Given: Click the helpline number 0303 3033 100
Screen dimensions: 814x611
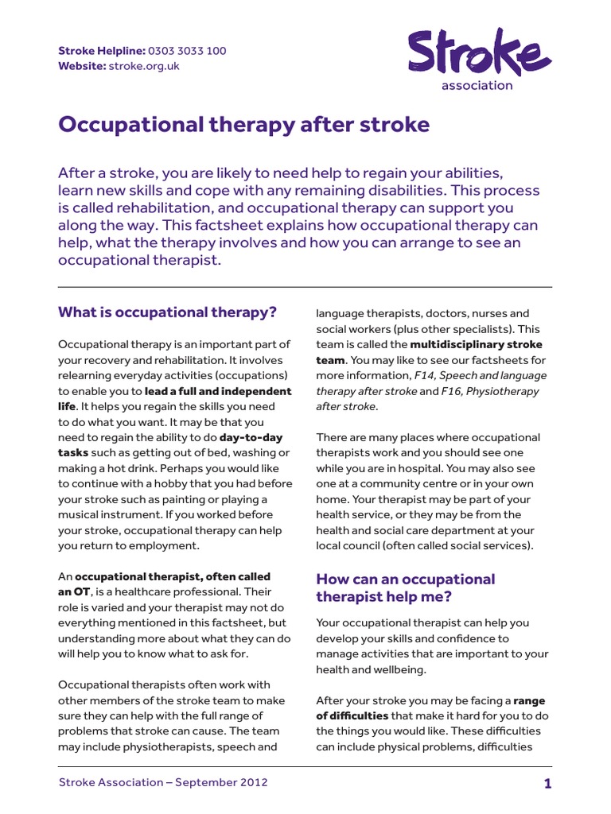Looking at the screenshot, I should [x=187, y=51].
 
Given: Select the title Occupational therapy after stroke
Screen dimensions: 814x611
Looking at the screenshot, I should [x=243, y=125].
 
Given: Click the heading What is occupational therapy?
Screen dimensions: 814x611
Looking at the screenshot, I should [x=167, y=312].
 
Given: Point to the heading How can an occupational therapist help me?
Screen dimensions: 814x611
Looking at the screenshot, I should [x=405, y=588].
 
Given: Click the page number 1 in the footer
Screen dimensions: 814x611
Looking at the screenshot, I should [x=547, y=784].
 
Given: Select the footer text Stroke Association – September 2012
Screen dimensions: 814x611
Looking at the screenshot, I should [x=163, y=783].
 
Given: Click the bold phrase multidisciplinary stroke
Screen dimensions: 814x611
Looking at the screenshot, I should [x=476, y=344].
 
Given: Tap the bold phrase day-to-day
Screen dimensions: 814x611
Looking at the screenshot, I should [x=251, y=437].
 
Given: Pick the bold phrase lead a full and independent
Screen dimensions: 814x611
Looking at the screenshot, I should [x=218, y=391].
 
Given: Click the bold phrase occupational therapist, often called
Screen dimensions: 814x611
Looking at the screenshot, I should [x=173, y=576].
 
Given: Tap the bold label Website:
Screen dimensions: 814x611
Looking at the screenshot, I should [x=82, y=66].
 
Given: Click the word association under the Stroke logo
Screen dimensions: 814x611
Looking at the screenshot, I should [x=477, y=86].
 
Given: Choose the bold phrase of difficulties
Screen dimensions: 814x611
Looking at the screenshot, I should [x=353, y=716].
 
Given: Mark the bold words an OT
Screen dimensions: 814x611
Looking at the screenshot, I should [x=73, y=592].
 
